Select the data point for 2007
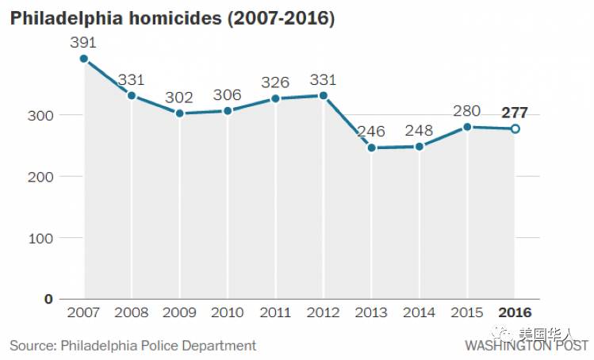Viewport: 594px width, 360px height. (x=84, y=59)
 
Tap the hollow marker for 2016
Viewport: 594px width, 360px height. (x=515, y=128)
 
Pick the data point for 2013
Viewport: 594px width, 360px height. (x=371, y=147)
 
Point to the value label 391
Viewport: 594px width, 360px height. (x=84, y=40)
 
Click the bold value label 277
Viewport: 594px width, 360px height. (x=515, y=112)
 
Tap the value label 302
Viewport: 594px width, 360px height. (x=179, y=97)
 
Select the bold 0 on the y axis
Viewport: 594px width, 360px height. (x=48, y=299)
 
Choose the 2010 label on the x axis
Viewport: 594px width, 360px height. (x=228, y=312)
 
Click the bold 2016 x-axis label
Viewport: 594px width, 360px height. (x=515, y=312)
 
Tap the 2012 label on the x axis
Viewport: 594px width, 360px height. (x=323, y=312)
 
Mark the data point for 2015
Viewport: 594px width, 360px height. (x=467, y=127)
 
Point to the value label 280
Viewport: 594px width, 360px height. (x=467, y=110)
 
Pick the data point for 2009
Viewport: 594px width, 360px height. (x=179, y=113)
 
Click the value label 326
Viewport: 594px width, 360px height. (x=275, y=82)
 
